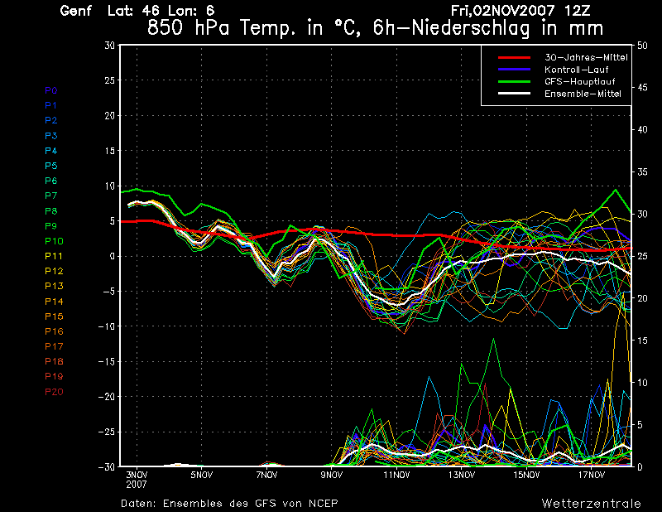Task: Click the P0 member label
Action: coord(50,90)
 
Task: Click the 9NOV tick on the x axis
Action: coord(331,476)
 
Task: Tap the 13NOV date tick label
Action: coord(462,476)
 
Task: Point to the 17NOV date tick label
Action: coord(592,476)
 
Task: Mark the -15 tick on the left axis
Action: coord(106,362)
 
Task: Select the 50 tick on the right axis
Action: coord(642,45)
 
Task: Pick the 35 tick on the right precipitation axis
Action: coord(642,171)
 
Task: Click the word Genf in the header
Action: coord(76,11)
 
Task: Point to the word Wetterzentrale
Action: coord(591,503)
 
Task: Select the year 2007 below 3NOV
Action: coord(137,483)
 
